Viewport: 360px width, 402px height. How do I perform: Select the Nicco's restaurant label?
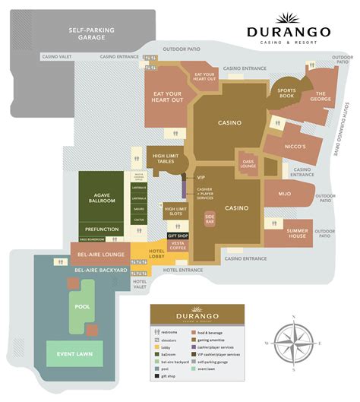point(295,147)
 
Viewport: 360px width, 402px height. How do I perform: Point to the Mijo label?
point(284,194)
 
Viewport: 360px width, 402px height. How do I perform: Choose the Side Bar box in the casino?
point(210,217)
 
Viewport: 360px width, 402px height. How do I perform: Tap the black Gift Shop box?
point(178,236)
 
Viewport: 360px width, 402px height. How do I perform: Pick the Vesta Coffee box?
point(178,245)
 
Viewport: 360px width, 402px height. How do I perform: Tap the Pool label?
point(82,307)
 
